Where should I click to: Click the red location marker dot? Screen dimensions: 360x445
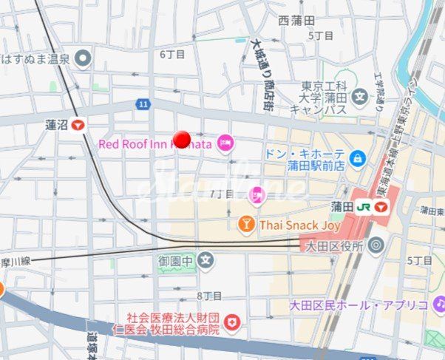coord(182,139)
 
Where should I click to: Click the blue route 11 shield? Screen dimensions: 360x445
coord(142,104)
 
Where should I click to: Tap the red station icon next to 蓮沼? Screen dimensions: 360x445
coord(77,126)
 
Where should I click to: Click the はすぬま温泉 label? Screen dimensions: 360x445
coord(37,58)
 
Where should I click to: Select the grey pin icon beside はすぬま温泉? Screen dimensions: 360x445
coord(84,58)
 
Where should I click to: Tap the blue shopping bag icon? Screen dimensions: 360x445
coord(358,157)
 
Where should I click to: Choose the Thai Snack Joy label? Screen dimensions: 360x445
coord(299,225)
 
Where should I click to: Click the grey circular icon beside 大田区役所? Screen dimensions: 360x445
coord(376,245)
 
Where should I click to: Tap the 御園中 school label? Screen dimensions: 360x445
coord(175,260)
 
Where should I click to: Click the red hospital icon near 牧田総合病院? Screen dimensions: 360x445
coord(232,322)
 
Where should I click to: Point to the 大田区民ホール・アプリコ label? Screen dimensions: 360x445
coord(359,305)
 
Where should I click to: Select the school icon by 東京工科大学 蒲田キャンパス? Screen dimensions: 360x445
coord(360,96)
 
